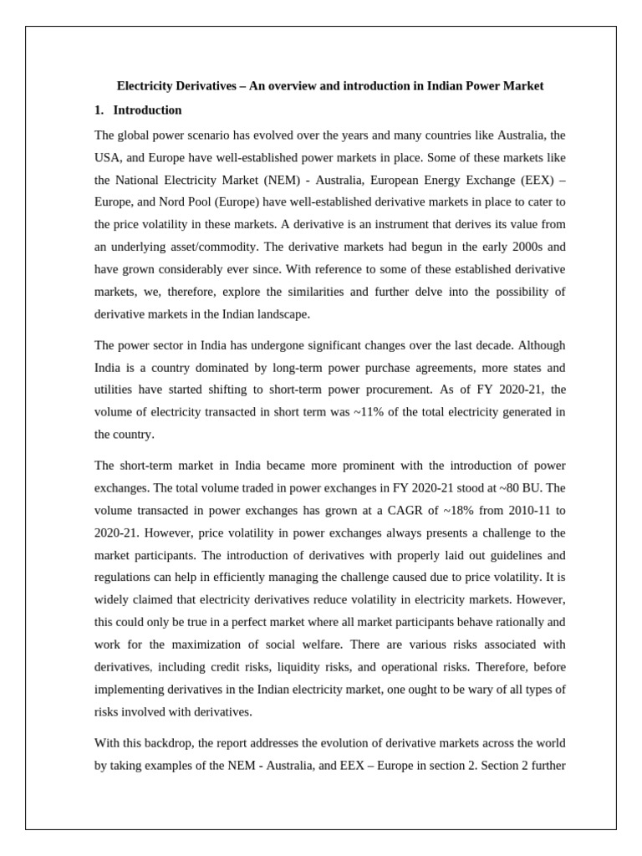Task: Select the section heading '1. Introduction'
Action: [x=138, y=110]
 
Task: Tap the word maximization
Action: [x=201, y=645]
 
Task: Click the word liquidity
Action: [x=310, y=667]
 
